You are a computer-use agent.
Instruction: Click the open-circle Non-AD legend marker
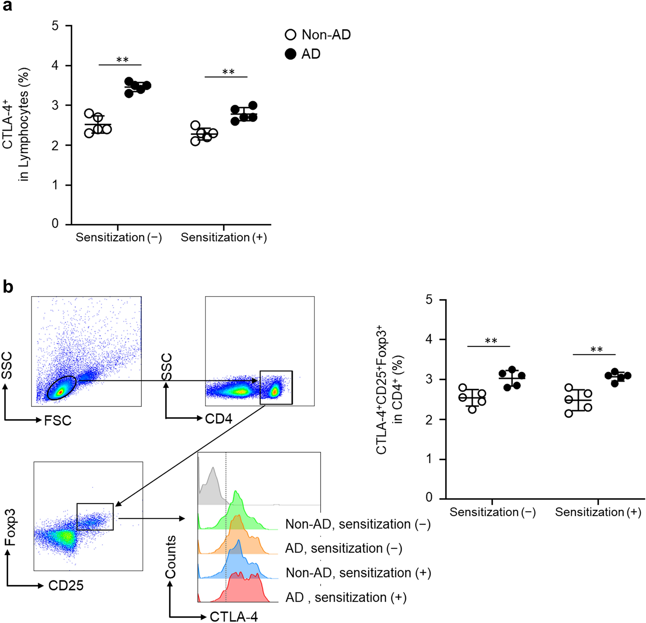[x=290, y=35]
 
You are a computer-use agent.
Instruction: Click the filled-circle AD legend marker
[x=290, y=54]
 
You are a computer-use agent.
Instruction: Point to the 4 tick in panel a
[x=55, y=66]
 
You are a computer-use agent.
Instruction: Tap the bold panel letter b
[x=8, y=287]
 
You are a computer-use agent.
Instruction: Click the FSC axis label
[x=58, y=421]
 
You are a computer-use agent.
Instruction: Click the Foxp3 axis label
[x=11, y=527]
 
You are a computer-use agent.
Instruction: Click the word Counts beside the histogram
[x=171, y=557]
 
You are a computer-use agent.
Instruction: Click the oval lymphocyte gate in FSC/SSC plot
[x=62, y=388]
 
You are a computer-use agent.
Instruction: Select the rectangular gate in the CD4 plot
[x=276, y=387]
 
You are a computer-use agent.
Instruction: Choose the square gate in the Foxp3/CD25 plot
[x=95, y=516]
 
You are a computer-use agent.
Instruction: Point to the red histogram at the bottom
[x=244, y=590]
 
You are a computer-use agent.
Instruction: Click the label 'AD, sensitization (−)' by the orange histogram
[x=344, y=548]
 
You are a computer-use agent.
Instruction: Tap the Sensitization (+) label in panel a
[x=224, y=237]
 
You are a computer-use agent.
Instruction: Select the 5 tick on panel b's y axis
[x=429, y=300]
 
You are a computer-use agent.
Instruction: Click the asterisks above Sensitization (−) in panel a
[x=122, y=60]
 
